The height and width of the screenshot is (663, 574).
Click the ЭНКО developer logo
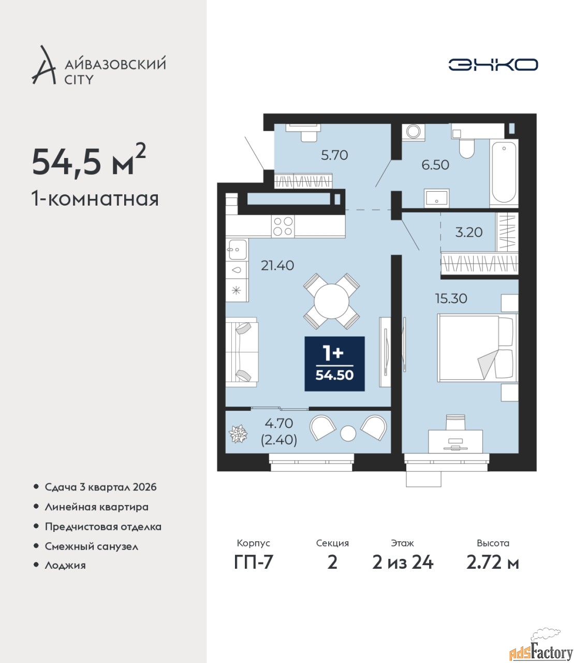(x=493, y=64)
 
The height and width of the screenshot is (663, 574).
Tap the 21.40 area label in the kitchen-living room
(x=277, y=266)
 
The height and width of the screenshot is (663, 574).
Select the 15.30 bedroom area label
(x=451, y=299)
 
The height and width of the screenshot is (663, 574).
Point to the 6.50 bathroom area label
(x=435, y=165)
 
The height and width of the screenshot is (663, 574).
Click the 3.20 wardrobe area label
(x=469, y=232)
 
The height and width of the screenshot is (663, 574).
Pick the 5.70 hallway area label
(x=334, y=155)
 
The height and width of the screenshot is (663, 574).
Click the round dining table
(x=331, y=301)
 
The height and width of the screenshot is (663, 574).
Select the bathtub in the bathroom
(x=504, y=172)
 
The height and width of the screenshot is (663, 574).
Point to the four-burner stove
(x=283, y=226)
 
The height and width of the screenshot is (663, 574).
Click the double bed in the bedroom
(x=478, y=348)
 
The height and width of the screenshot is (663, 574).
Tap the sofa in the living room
(x=242, y=353)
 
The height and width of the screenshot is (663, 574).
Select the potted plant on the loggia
(x=238, y=434)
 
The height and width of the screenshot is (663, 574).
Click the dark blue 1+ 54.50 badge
(x=334, y=364)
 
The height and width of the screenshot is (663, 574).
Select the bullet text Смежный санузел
(x=91, y=546)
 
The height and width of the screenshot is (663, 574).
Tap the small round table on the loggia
(x=348, y=434)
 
